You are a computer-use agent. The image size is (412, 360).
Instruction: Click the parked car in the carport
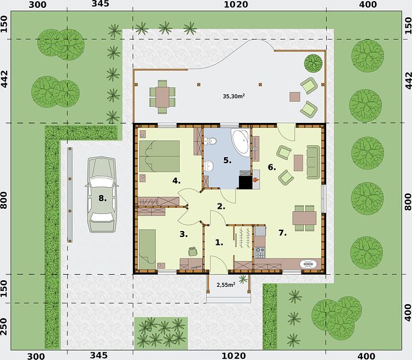(x=101, y=194)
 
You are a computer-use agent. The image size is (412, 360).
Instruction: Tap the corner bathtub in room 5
(x=240, y=141)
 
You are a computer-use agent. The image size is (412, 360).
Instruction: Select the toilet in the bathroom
(x=210, y=141)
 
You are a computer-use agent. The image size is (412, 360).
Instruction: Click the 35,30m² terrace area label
(x=234, y=96)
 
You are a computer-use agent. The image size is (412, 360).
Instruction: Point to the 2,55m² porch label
(x=226, y=284)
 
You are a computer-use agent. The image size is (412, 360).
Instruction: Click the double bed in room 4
(x=159, y=156)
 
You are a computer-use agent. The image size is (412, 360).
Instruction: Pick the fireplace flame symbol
(x=256, y=180)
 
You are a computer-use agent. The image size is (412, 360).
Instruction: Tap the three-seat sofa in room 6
(x=314, y=162)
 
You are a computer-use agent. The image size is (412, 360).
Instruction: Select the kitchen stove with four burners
(x=260, y=252)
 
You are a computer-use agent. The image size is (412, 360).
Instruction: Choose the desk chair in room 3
(x=193, y=251)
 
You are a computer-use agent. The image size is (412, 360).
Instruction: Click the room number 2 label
(x=221, y=206)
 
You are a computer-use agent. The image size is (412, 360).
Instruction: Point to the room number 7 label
(x=282, y=233)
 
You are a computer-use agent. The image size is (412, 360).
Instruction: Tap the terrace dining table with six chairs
(x=162, y=97)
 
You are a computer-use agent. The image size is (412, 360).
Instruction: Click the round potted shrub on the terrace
(x=314, y=63)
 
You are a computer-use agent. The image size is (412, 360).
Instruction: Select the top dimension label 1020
(x=235, y=4)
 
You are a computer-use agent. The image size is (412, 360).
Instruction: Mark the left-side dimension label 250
(x=4, y=326)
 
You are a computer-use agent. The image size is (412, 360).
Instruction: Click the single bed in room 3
(x=147, y=249)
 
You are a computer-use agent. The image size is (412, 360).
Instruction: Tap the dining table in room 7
(x=304, y=218)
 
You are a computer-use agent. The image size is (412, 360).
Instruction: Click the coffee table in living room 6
(x=298, y=163)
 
